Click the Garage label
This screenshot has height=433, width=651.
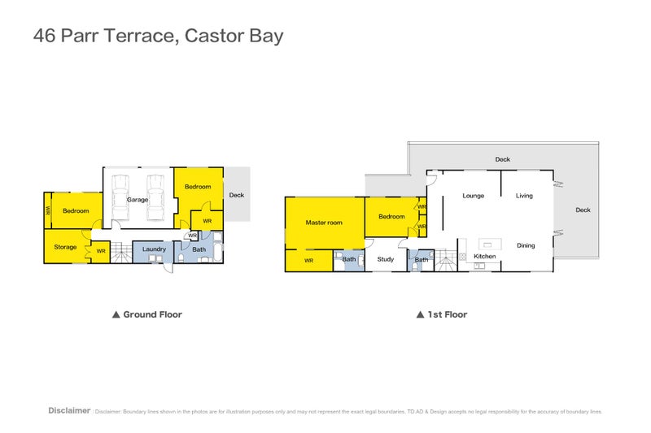click(x=138, y=200)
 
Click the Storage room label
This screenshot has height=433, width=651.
click(x=65, y=247)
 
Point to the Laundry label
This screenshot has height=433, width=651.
click(x=154, y=249)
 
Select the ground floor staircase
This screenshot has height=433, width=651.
click(x=120, y=253)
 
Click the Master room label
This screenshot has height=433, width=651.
click(x=324, y=223)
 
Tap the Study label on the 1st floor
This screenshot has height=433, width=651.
click(x=385, y=260)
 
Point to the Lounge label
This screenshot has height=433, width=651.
click(x=474, y=196)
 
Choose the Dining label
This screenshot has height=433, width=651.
click(x=526, y=245)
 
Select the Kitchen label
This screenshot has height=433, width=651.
click(x=485, y=257)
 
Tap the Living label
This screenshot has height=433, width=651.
click(x=524, y=196)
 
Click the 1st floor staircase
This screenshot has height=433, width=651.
click(x=443, y=260)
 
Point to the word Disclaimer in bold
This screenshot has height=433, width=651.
click(x=69, y=411)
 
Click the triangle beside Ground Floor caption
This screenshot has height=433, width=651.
click(x=116, y=314)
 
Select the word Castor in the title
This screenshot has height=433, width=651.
click(x=213, y=37)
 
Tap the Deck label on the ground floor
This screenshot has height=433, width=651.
click(x=236, y=195)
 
